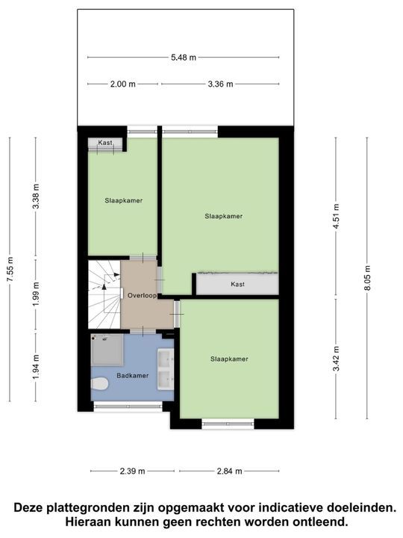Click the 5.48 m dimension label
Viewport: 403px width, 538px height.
pyautogui.click(x=184, y=57)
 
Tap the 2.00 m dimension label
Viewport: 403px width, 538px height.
pyautogui.click(x=123, y=84)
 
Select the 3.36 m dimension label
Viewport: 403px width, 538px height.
pyautogui.click(x=219, y=84)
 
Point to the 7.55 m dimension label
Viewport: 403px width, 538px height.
pyautogui.click(x=10, y=268)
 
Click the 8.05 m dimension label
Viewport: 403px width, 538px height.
pyautogui.click(x=367, y=285)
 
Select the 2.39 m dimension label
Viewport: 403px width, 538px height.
pyautogui.click(x=132, y=471)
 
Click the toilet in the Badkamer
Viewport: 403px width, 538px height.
pyautogui.click(x=100, y=384)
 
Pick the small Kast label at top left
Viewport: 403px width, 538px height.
pyautogui.click(x=105, y=143)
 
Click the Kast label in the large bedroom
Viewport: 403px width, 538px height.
pyautogui.click(x=237, y=285)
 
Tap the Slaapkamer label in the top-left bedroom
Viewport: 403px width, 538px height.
pyautogui.click(x=123, y=200)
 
